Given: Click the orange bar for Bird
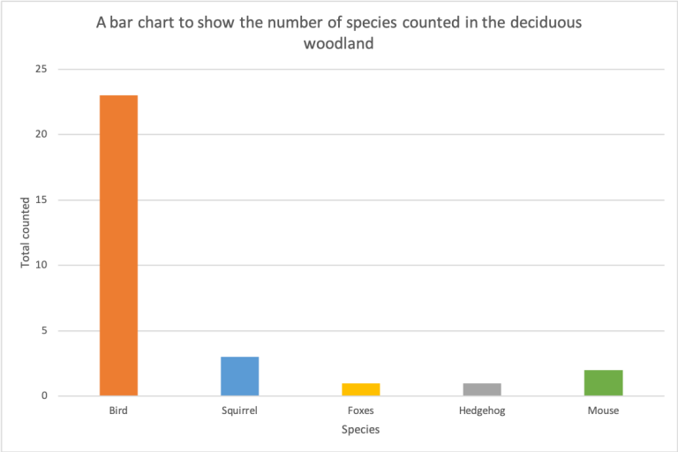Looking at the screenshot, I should point(118,245).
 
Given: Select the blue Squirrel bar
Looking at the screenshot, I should point(239,376).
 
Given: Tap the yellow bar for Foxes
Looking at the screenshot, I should point(361,389).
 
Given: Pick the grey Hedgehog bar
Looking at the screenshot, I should point(482,389).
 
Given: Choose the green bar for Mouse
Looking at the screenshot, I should point(604,382).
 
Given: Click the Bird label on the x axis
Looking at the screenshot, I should point(118,411).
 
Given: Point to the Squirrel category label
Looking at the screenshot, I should point(239,411).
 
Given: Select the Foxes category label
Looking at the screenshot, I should point(361,411).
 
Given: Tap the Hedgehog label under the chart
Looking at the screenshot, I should point(482,411).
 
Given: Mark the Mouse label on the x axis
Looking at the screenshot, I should point(604,411).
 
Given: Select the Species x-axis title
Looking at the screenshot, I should point(361,429).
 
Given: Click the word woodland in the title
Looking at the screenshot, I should point(339,43).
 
